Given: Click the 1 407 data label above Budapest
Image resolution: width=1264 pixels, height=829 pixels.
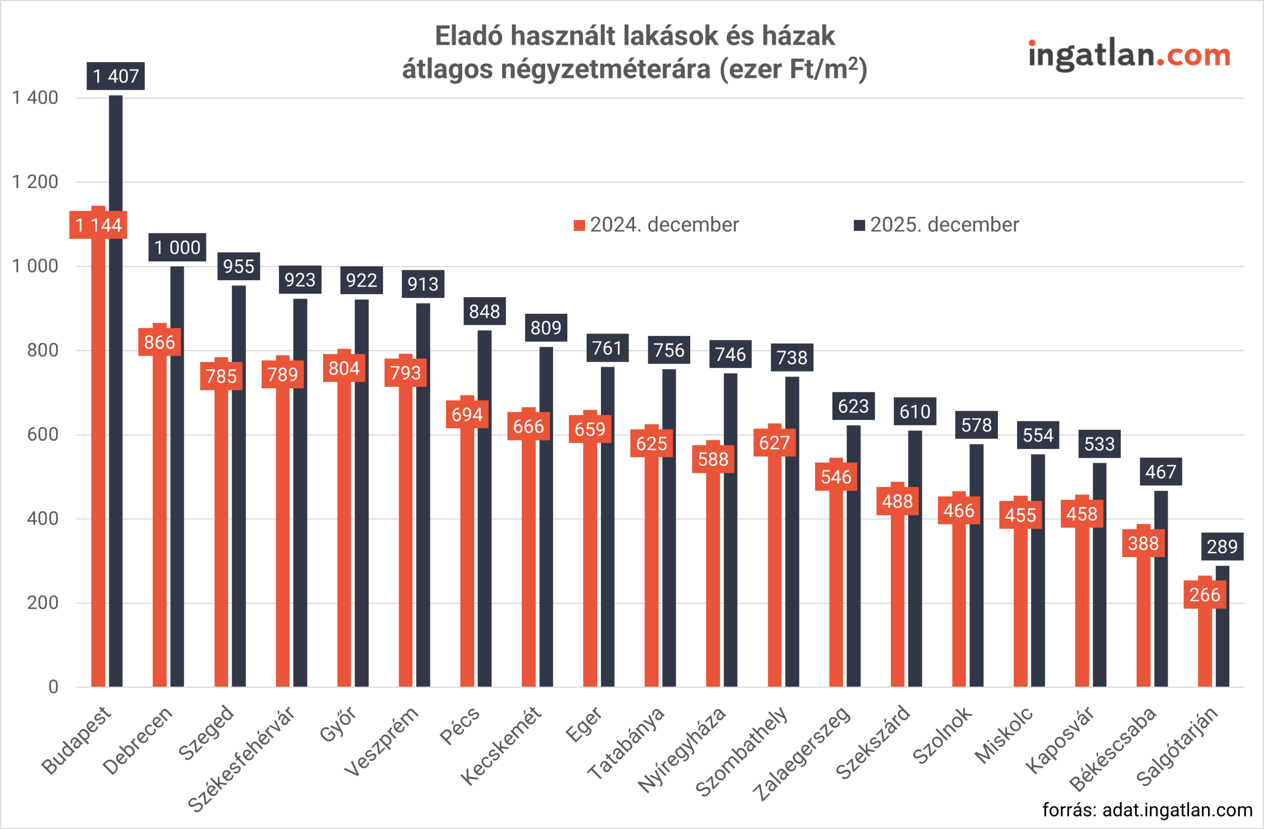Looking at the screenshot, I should [115, 76].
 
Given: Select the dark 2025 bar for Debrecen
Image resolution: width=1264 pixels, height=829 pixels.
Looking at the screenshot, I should [177, 478].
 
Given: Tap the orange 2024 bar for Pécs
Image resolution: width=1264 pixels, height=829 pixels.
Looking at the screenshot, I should [467, 557].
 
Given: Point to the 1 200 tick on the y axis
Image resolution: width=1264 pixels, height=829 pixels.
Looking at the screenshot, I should [35, 182].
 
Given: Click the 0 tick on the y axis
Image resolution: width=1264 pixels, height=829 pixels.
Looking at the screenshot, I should [53, 687].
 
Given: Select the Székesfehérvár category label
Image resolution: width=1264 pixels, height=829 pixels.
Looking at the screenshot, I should [241, 759].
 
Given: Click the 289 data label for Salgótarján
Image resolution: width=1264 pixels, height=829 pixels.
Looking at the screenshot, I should [1222, 547].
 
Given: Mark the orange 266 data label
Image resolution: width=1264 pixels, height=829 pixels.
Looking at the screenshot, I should [1205, 595].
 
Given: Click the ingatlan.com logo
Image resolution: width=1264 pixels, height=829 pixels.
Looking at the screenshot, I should [1129, 55].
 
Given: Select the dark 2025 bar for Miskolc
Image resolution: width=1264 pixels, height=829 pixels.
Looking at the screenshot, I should [1038, 573].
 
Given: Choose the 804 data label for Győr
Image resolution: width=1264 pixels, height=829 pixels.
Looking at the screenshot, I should [344, 368].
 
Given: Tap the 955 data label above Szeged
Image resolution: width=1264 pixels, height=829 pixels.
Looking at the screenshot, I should [238, 266].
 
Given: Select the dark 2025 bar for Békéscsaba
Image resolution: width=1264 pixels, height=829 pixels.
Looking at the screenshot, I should [1160, 589].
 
